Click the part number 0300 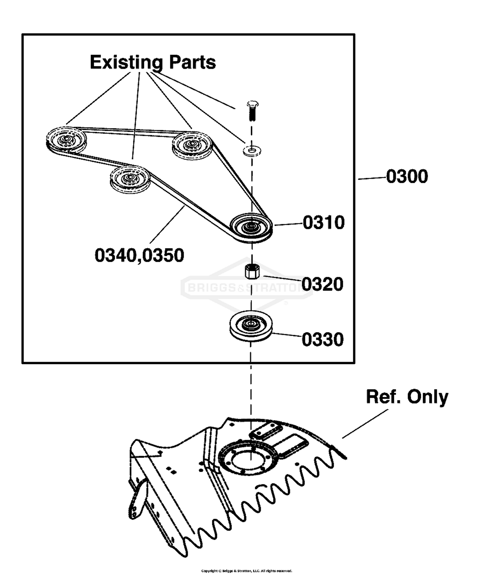(x=407, y=176)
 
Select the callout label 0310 (x=324, y=222)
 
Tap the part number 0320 (x=323, y=284)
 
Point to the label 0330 (x=323, y=339)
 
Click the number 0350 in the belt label (x=163, y=255)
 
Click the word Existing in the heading (x=126, y=63)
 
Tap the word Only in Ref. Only (x=428, y=397)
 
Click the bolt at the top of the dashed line (x=252, y=110)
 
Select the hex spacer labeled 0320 (x=252, y=271)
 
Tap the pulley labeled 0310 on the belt (x=251, y=228)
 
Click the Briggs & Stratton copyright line (x=247, y=571)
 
